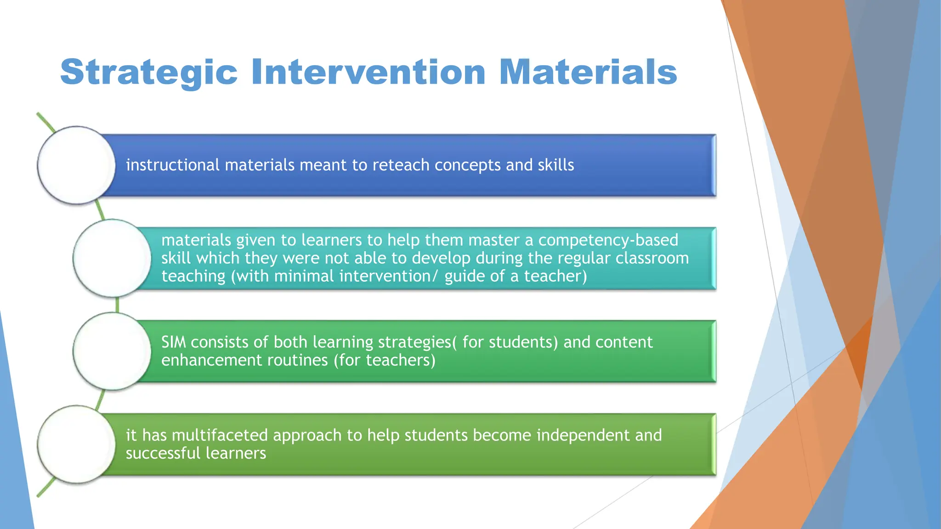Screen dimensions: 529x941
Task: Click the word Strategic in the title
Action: tap(148, 73)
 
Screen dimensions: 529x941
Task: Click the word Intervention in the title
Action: tap(368, 73)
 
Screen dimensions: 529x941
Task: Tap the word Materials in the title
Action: tap(588, 73)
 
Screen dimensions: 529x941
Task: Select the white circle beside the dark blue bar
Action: tap(76, 165)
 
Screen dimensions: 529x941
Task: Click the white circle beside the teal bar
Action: tap(112, 259)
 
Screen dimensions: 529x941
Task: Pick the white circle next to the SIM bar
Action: tap(112, 351)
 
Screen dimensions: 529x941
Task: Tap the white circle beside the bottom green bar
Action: tap(76, 444)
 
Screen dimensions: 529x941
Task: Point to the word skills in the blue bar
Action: tap(556, 165)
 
